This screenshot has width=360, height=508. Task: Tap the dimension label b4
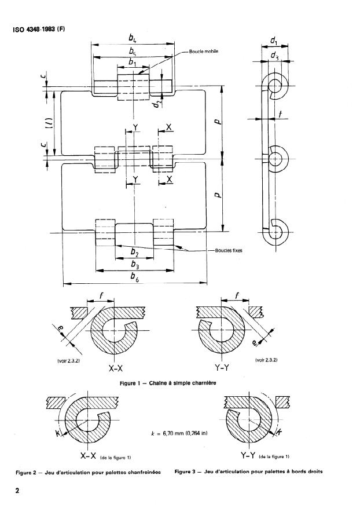(133, 38)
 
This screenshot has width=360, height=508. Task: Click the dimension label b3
(134, 264)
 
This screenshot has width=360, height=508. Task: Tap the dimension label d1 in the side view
(274, 42)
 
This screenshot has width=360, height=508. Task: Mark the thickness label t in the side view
(280, 115)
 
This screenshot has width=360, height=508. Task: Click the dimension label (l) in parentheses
(50, 122)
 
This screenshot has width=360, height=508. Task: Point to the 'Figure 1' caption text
(179, 383)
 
